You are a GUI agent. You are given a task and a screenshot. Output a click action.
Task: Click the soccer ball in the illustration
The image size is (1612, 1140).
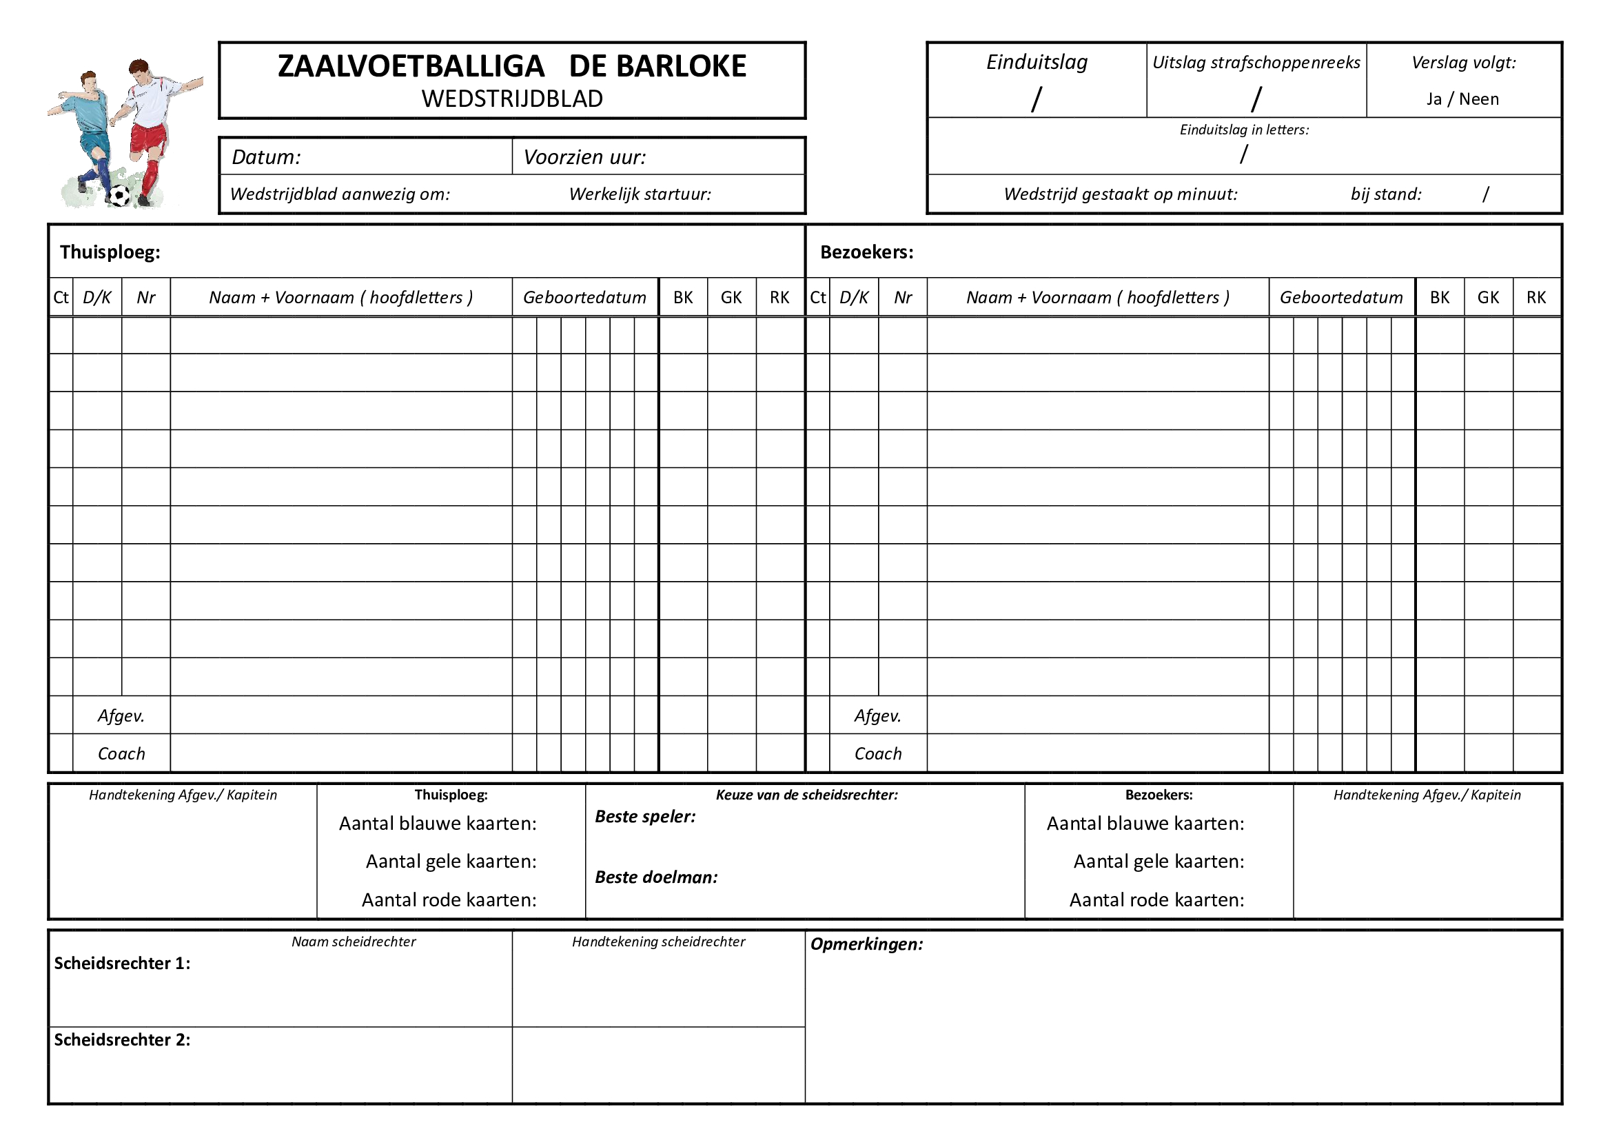121,195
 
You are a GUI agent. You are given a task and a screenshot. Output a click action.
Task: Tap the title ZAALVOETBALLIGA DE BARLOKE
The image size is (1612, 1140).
512,66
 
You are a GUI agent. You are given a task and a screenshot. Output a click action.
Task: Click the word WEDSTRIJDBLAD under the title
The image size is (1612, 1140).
512,99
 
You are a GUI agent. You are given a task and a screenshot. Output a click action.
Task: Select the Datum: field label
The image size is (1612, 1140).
266,156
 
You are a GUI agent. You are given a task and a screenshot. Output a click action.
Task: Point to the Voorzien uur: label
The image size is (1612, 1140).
584,156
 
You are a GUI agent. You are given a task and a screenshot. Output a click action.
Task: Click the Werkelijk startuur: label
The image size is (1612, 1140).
640,194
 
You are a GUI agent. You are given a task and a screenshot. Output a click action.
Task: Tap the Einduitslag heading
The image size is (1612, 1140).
1037,62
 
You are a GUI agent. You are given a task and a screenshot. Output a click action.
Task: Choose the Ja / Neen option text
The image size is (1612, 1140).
1462,99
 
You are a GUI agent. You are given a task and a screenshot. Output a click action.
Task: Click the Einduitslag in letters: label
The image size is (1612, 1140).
1243,130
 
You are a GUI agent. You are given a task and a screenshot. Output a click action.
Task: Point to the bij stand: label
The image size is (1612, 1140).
1385,194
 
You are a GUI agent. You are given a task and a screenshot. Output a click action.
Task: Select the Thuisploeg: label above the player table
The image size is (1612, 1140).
110,252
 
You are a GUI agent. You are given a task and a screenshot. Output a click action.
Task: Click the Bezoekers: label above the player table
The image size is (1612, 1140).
866,252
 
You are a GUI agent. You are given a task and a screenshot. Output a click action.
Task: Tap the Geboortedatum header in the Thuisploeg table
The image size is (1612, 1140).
584,298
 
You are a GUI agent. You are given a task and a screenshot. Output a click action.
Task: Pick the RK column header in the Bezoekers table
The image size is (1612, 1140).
1536,298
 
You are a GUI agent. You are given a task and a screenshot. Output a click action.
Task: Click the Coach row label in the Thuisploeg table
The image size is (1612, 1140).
121,753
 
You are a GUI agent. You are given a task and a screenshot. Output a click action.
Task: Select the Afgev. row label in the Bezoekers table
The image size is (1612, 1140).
877,715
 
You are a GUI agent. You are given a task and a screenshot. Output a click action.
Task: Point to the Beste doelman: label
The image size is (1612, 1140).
655,877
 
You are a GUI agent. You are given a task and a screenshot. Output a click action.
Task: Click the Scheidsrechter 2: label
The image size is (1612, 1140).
122,1039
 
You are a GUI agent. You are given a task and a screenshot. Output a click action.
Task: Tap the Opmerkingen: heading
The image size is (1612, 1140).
866,944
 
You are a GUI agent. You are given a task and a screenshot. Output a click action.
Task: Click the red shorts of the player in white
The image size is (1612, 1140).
148,139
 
